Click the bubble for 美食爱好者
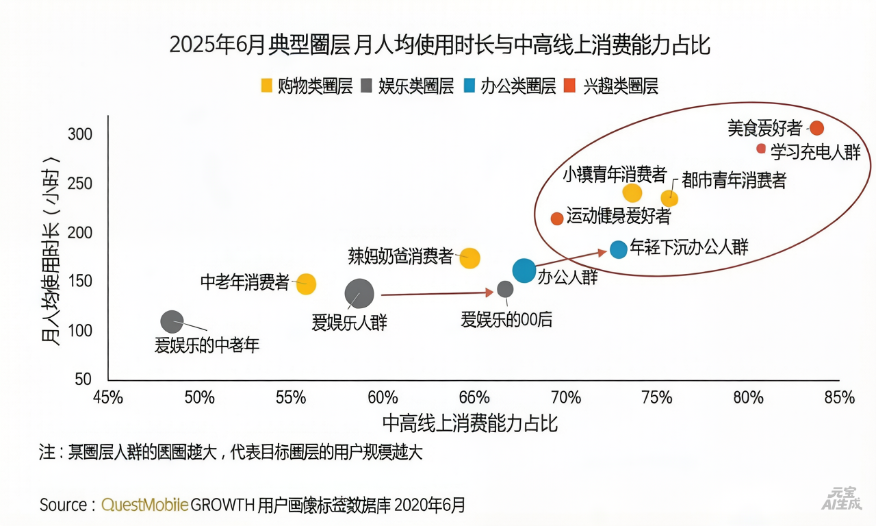click(816, 128)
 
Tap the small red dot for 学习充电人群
click(761, 149)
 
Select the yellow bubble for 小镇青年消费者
click(632, 193)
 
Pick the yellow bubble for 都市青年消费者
click(669, 199)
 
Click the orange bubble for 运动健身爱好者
click(557, 218)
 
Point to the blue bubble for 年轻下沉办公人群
click(618, 249)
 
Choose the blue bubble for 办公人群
click(524, 271)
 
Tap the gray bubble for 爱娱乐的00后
click(505, 289)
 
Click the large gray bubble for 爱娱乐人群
click(359, 294)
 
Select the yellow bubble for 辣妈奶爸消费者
click(469, 258)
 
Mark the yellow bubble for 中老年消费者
click(306, 284)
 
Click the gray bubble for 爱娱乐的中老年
click(172, 321)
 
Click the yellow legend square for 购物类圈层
click(268, 86)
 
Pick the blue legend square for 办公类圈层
click(469, 86)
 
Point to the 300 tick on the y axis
click(80, 134)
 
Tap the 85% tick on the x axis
click(839, 398)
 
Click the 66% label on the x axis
click(474, 398)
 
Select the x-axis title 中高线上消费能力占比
click(470, 423)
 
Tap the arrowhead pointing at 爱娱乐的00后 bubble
click(489, 292)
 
